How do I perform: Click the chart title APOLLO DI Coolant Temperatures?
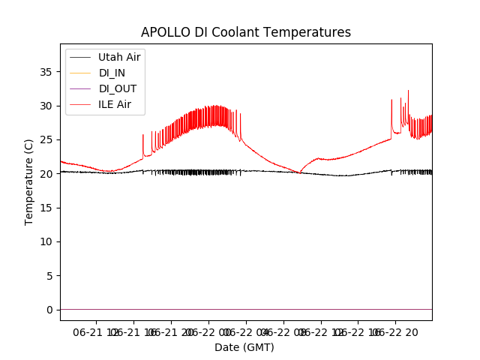[x=246, y=32]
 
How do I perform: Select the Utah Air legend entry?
[x=119, y=57]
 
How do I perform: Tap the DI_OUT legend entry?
[x=118, y=88]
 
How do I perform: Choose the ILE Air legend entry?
[x=115, y=104]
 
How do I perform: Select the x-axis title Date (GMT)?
[x=244, y=347]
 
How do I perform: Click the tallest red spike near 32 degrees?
[x=408, y=91]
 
